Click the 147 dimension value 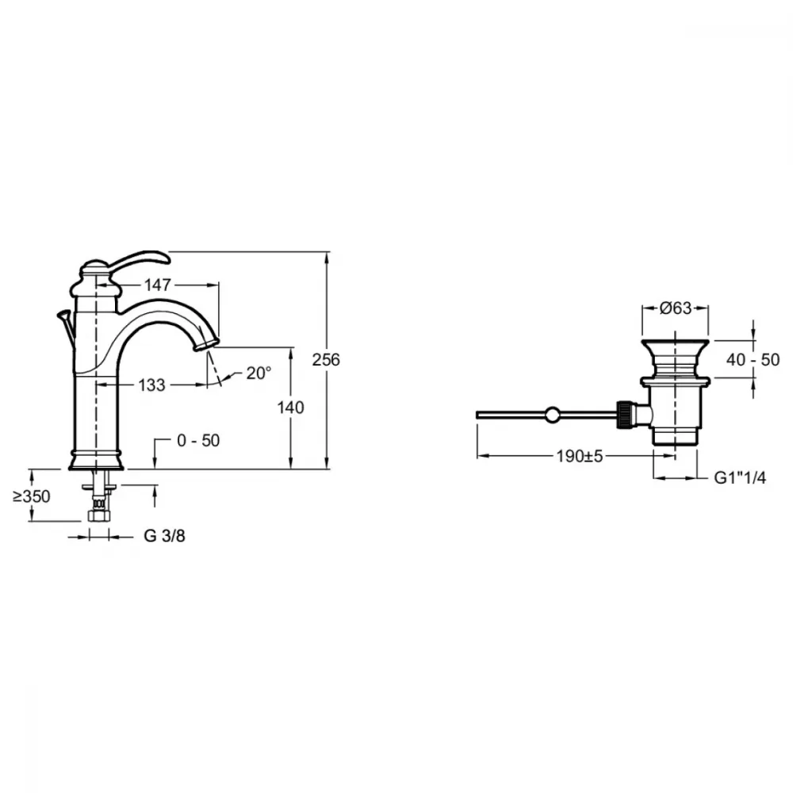[158, 285]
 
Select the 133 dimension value [151, 385]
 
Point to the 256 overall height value [326, 359]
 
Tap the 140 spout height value [290, 407]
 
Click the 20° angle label [259, 374]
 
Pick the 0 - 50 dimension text [198, 440]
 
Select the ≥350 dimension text [32, 496]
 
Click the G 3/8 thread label [164, 536]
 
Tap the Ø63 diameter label [676, 308]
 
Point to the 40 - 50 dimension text [753, 359]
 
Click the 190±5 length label [580, 456]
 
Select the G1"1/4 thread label [740, 477]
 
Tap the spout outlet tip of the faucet [206, 344]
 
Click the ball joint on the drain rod [552, 416]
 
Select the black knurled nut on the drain [624, 415]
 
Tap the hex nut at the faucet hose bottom [99, 516]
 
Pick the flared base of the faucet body [96, 459]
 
